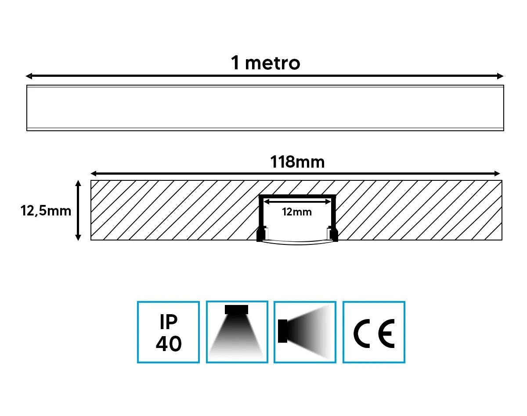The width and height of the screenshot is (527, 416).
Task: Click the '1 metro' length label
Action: pyautogui.click(x=266, y=63)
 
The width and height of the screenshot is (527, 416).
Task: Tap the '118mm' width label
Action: pyautogui.click(x=297, y=162)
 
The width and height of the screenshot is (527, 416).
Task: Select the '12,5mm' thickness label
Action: pyautogui.click(x=46, y=211)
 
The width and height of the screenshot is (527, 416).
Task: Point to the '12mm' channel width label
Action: pyautogui.click(x=297, y=212)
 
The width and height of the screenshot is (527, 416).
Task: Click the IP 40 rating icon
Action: pyautogui.click(x=168, y=332)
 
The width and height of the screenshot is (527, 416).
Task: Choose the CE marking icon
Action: pyautogui.click(x=374, y=332)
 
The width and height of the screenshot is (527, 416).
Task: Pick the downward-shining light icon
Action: pyautogui.click(x=237, y=332)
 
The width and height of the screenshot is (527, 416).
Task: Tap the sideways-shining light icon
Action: pyautogui.click(x=305, y=332)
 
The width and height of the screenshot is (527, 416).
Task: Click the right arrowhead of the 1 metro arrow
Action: pyautogui.click(x=500, y=76)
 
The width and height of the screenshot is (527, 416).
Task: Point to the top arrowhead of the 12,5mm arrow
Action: pyautogui.click(x=78, y=183)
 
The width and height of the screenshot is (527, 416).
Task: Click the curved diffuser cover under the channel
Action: pyautogui.click(x=297, y=243)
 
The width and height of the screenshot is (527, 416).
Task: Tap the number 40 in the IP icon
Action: pyautogui.click(x=169, y=344)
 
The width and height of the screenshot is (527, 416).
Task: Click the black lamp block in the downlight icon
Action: pyautogui.click(x=236, y=309)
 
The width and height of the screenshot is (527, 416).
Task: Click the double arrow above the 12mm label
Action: pyautogui.click(x=297, y=201)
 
